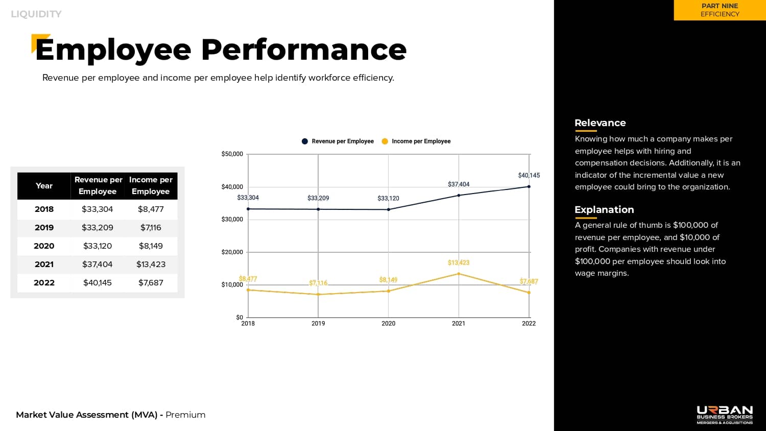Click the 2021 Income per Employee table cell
151,264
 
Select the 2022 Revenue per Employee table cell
97,282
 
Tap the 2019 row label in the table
44,227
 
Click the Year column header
44,185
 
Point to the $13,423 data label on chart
459,262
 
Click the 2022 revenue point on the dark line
529,186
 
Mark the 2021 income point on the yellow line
459,274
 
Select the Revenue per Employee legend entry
338,141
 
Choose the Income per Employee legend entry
416,141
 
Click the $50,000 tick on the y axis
232,154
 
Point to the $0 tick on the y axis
240,317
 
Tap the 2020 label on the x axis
388,323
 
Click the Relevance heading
600,123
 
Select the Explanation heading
604,209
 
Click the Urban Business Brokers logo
725,415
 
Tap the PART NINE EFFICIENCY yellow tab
720,10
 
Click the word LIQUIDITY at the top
36,14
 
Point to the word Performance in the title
304,50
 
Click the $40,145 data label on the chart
529,175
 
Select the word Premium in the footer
185,415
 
